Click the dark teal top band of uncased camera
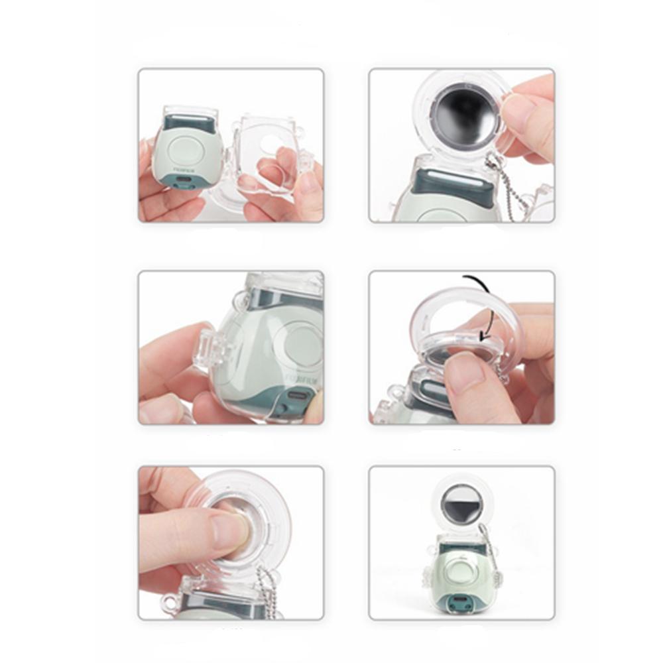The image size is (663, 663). (x=188, y=123)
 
